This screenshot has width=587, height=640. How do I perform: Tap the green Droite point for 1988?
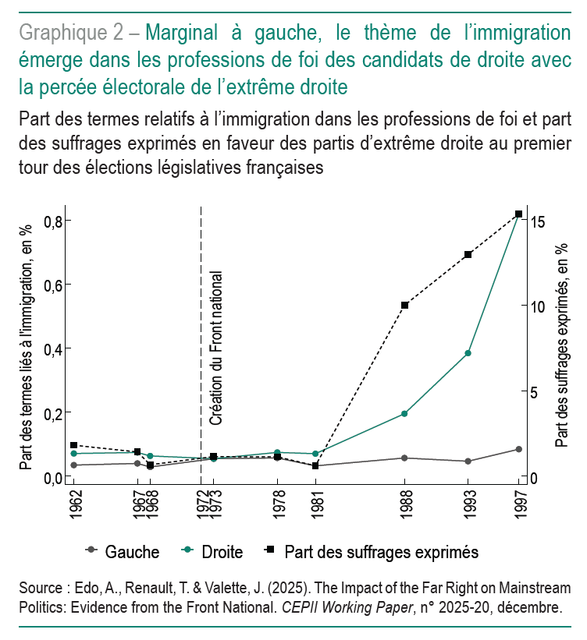click(404, 413)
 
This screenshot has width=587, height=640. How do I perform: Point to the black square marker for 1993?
click(468, 254)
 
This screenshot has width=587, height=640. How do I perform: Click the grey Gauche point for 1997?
click(518, 449)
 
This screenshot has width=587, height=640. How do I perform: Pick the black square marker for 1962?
click(74, 445)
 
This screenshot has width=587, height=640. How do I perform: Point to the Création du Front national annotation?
click(217, 348)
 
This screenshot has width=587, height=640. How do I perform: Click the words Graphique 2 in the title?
click(69, 34)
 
